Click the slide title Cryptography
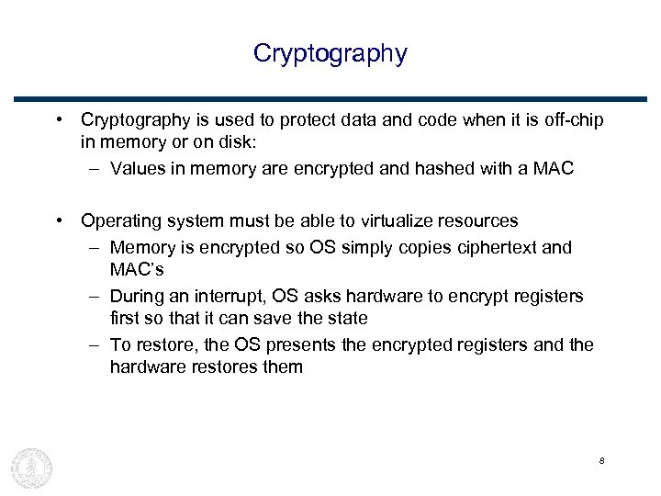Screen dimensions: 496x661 (x=330, y=53)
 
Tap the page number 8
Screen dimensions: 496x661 (x=600, y=460)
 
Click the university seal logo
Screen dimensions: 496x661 (x=31, y=467)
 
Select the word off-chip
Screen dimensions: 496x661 (x=574, y=120)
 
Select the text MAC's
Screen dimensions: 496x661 (x=137, y=270)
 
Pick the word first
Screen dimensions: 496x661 (x=126, y=319)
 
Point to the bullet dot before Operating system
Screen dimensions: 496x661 (x=59, y=220)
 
